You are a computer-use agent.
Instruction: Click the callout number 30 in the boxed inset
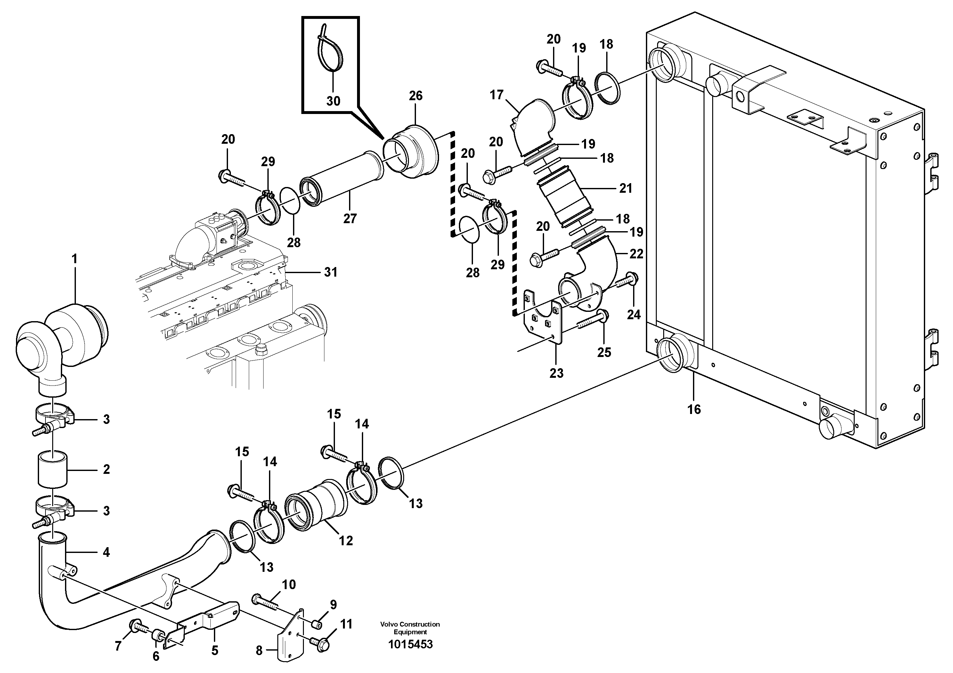tap(333, 101)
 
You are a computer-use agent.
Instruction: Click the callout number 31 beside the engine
tap(330, 272)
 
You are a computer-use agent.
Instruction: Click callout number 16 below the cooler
tap(694, 409)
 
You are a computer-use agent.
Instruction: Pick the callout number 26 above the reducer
tap(415, 96)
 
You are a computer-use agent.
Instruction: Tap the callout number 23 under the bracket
tap(556, 373)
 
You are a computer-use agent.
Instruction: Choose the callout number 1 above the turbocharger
tap(74, 259)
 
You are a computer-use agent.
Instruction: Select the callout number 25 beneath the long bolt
tap(604, 352)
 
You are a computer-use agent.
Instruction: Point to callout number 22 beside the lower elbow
tap(636, 254)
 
